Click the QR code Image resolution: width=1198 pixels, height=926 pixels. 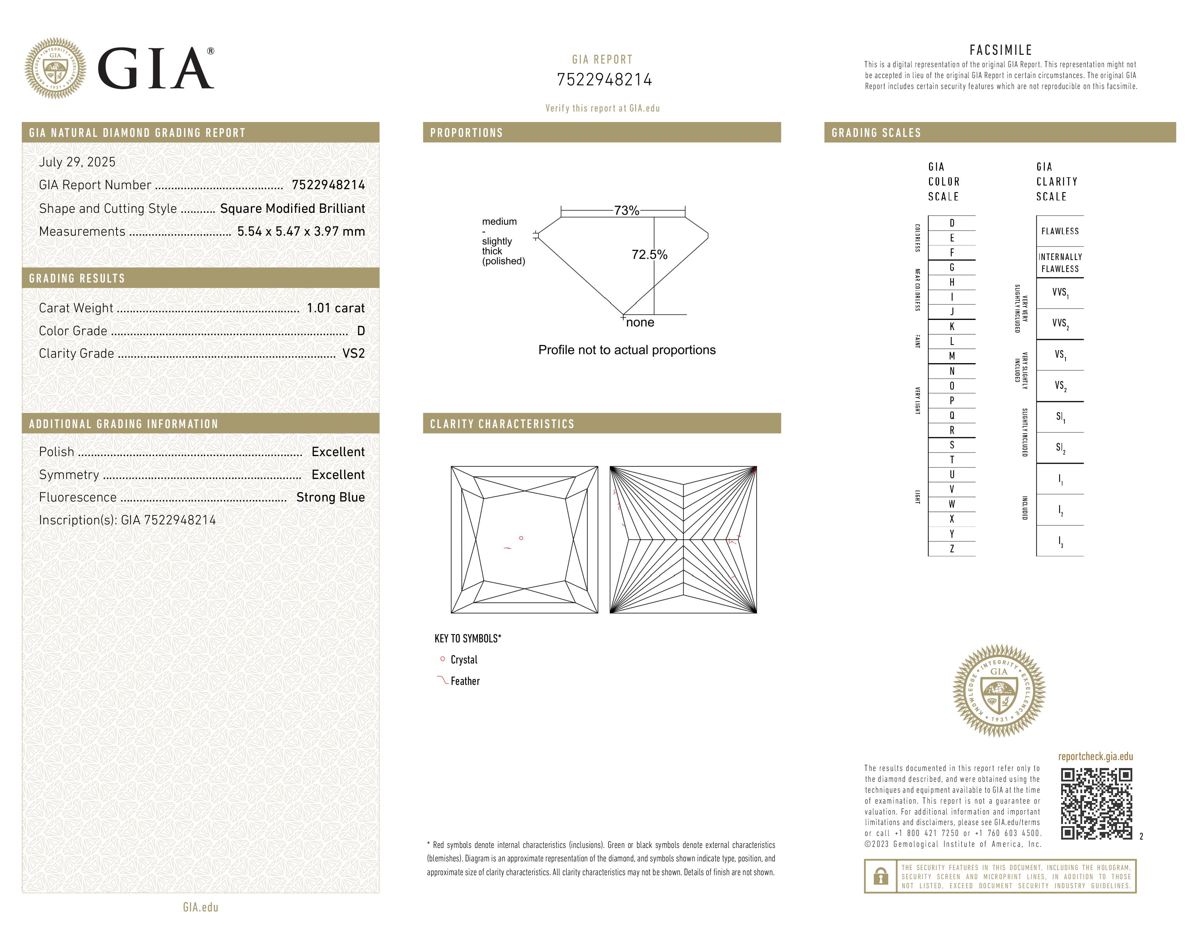(1096, 804)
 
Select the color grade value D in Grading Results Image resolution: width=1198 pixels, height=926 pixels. (361, 331)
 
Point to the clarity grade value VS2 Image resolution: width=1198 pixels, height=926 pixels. (353, 354)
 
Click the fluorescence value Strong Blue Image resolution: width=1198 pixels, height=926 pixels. (330, 497)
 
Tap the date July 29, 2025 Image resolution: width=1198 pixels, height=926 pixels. (77, 162)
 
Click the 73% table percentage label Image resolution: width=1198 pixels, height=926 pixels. (627, 211)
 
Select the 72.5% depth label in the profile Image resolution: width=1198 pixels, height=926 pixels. (649, 255)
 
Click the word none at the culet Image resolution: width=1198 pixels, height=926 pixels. (640, 322)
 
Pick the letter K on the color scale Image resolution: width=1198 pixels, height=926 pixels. (952, 327)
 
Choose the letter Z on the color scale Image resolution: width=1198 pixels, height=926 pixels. (952, 549)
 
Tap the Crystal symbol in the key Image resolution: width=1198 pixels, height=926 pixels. (443, 659)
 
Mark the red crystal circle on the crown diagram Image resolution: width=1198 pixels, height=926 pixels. (521, 538)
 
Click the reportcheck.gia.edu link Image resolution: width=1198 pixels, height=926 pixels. (1095, 756)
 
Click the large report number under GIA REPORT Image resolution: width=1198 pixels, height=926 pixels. (604, 80)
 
